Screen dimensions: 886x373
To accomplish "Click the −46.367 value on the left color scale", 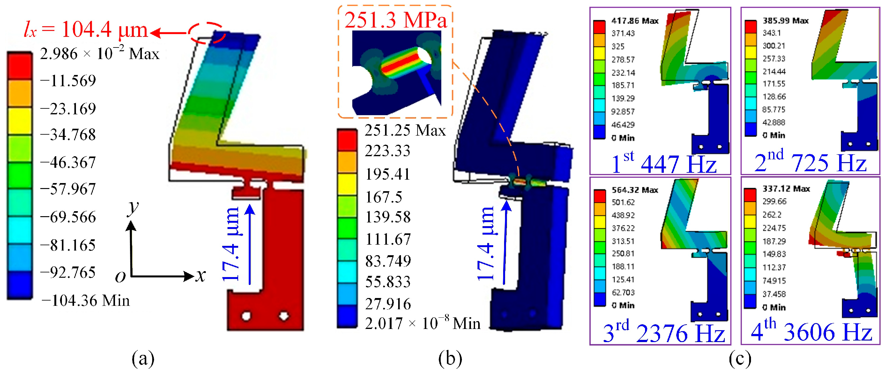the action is click(x=68, y=162).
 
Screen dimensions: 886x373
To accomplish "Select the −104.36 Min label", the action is click(x=85, y=301).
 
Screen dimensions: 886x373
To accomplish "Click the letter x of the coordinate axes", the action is click(x=201, y=275).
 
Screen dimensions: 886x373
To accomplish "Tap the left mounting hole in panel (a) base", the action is click(x=246, y=316).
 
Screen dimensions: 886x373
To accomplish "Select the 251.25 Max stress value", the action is click(x=405, y=130).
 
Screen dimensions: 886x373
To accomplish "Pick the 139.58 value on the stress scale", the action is click(x=388, y=217).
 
